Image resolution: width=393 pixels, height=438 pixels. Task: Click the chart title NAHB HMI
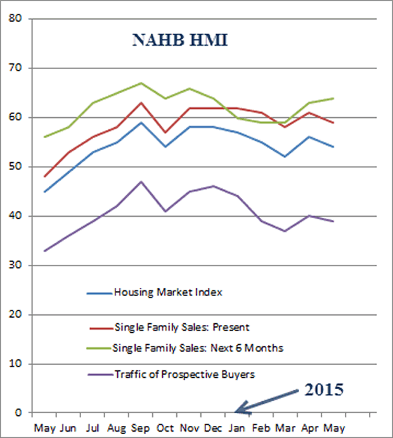(180, 41)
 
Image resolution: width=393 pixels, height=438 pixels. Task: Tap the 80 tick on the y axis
(16, 19)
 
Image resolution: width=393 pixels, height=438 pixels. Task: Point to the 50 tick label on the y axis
(16, 167)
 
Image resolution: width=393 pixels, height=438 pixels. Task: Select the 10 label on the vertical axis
(16, 364)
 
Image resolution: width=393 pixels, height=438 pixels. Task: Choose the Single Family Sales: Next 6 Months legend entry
(197, 347)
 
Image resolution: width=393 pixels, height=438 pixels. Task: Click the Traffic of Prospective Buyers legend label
(184, 374)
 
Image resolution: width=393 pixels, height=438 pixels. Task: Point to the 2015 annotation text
(323, 389)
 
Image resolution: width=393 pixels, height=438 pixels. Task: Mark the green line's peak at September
(141, 83)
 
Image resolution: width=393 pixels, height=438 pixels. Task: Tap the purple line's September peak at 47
(141, 182)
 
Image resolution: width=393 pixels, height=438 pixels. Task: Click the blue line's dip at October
(165, 147)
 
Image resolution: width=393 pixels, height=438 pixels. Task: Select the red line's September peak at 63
(141, 103)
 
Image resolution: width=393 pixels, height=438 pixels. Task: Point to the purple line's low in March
(285, 231)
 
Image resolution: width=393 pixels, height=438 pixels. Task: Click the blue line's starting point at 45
(44, 191)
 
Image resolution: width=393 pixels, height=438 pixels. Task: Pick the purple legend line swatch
(99, 375)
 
